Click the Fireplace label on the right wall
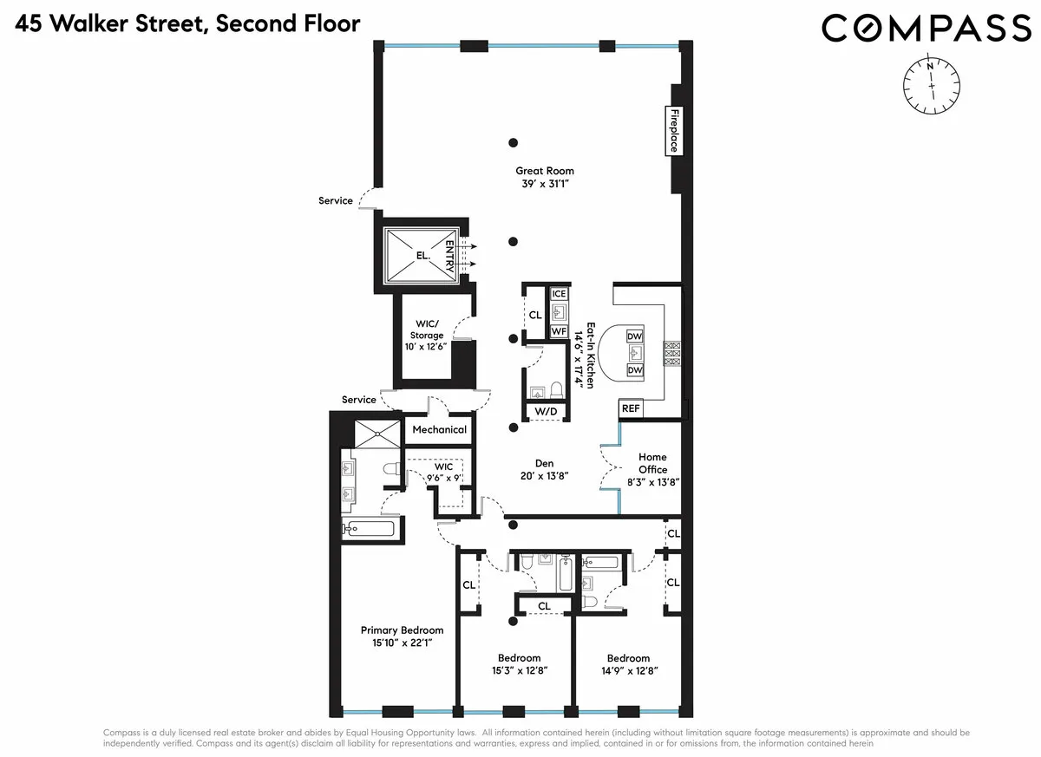(672, 130)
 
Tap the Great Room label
(545, 171)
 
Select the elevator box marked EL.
(422, 256)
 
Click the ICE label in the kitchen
(559, 294)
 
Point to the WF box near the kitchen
(559, 330)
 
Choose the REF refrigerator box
(630, 408)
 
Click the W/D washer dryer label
(547, 411)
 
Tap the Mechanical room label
(439, 429)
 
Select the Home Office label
(652, 463)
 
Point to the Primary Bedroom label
(402, 630)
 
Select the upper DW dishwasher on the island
(634, 336)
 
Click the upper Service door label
(336, 200)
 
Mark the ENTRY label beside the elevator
(474, 256)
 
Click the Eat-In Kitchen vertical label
(591, 356)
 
